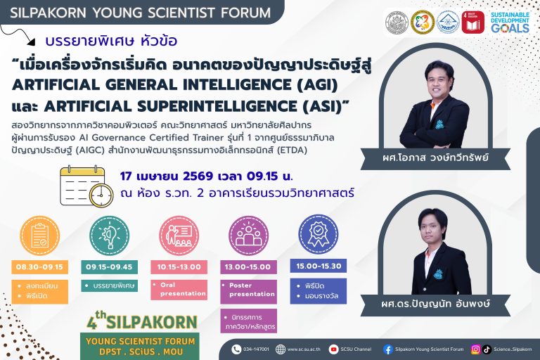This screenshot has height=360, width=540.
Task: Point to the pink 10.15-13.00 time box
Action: point(179,267)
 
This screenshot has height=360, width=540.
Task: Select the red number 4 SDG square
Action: point(473,22)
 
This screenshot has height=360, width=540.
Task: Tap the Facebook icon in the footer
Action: point(387,349)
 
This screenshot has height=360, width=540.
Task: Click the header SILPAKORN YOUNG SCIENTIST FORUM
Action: point(139,13)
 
